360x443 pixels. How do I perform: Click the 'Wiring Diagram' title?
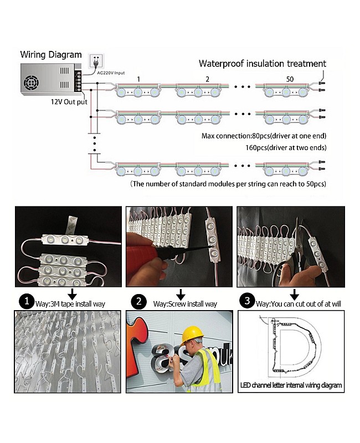[51, 55]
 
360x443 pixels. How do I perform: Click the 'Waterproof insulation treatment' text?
[262, 64]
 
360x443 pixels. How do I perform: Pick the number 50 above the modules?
[289, 79]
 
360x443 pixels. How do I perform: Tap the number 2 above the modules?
[207, 79]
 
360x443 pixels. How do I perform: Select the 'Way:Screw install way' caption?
[184, 303]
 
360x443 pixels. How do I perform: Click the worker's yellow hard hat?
[193, 333]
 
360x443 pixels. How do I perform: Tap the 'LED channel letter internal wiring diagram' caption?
[291, 385]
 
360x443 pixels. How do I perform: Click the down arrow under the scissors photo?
[294, 293]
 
